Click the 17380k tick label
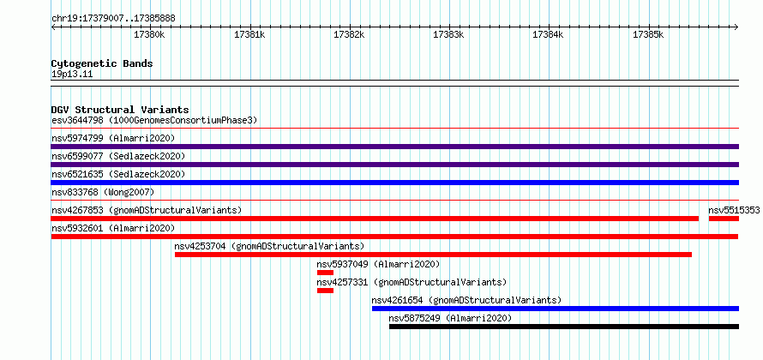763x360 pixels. [x=150, y=34]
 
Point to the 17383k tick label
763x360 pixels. [x=448, y=34]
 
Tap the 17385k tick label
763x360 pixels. [x=648, y=34]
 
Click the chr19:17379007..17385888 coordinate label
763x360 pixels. [x=113, y=19]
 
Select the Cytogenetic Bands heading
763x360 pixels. [x=102, y=63]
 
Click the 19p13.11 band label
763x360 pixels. [x=72, y=75]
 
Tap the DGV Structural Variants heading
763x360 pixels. [x=120, y=110]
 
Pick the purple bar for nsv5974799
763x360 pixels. [x=395, y=147]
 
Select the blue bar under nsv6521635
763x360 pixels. [x=395, y=183]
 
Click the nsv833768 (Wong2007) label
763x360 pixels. [x=103, y=192]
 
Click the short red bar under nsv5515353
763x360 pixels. [x=724, y=219]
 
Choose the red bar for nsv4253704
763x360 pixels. [x=433, y=255]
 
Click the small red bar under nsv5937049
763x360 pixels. [x=325, y=273]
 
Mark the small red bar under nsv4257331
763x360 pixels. [x=325, y=291]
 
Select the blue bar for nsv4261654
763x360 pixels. [x=556, y=309]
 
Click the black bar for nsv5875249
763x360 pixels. [x=564, y=327]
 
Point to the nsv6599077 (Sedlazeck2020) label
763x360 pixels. [x=118, y=156]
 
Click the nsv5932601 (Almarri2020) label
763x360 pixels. [x=113, y=228]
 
